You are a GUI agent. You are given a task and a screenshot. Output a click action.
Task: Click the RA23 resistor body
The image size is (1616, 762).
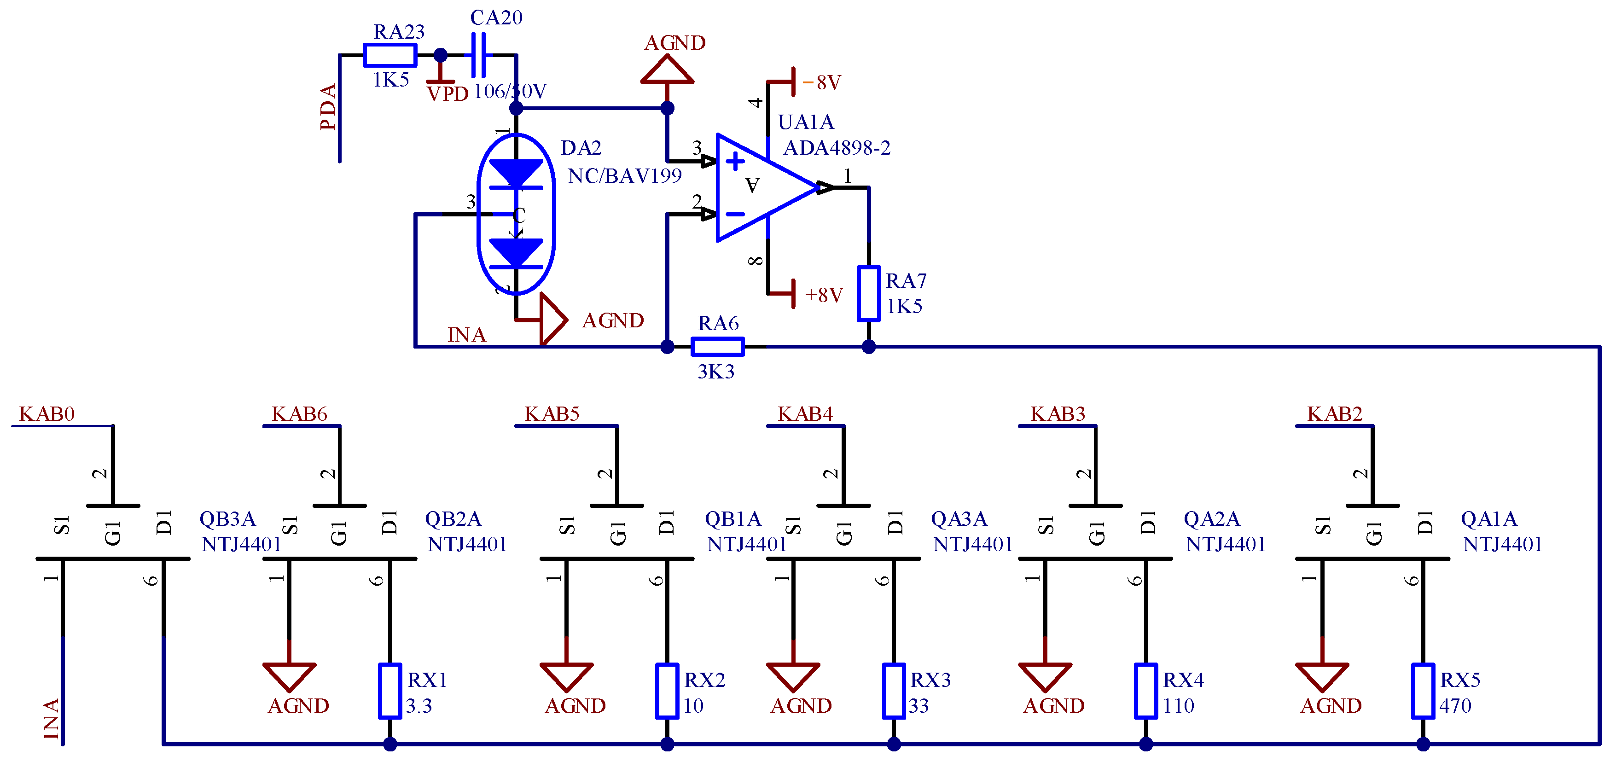tap(389, 55)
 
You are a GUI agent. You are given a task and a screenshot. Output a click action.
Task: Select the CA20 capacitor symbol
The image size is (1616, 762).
tap(478, 55)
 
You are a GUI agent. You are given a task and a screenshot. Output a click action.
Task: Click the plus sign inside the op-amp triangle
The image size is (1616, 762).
tap(735, 161)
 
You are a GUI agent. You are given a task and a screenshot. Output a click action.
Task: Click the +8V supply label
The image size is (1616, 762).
tap(824, 295)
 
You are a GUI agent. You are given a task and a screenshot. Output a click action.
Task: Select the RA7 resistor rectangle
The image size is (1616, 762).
tap(868, 293)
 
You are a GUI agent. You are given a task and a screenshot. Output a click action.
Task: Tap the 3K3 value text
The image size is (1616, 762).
tap(716, 372)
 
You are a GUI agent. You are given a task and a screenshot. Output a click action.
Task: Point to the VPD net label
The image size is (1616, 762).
tap(448, 94)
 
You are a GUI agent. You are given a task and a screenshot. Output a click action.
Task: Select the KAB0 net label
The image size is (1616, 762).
tap(47, 414)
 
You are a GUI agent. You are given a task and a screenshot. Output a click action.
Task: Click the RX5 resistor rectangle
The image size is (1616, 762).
tap(1422, 691)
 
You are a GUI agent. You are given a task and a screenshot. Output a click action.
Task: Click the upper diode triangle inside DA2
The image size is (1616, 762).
tap(516, 172)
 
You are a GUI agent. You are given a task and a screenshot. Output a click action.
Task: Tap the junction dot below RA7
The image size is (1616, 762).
tap(868, 346)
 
